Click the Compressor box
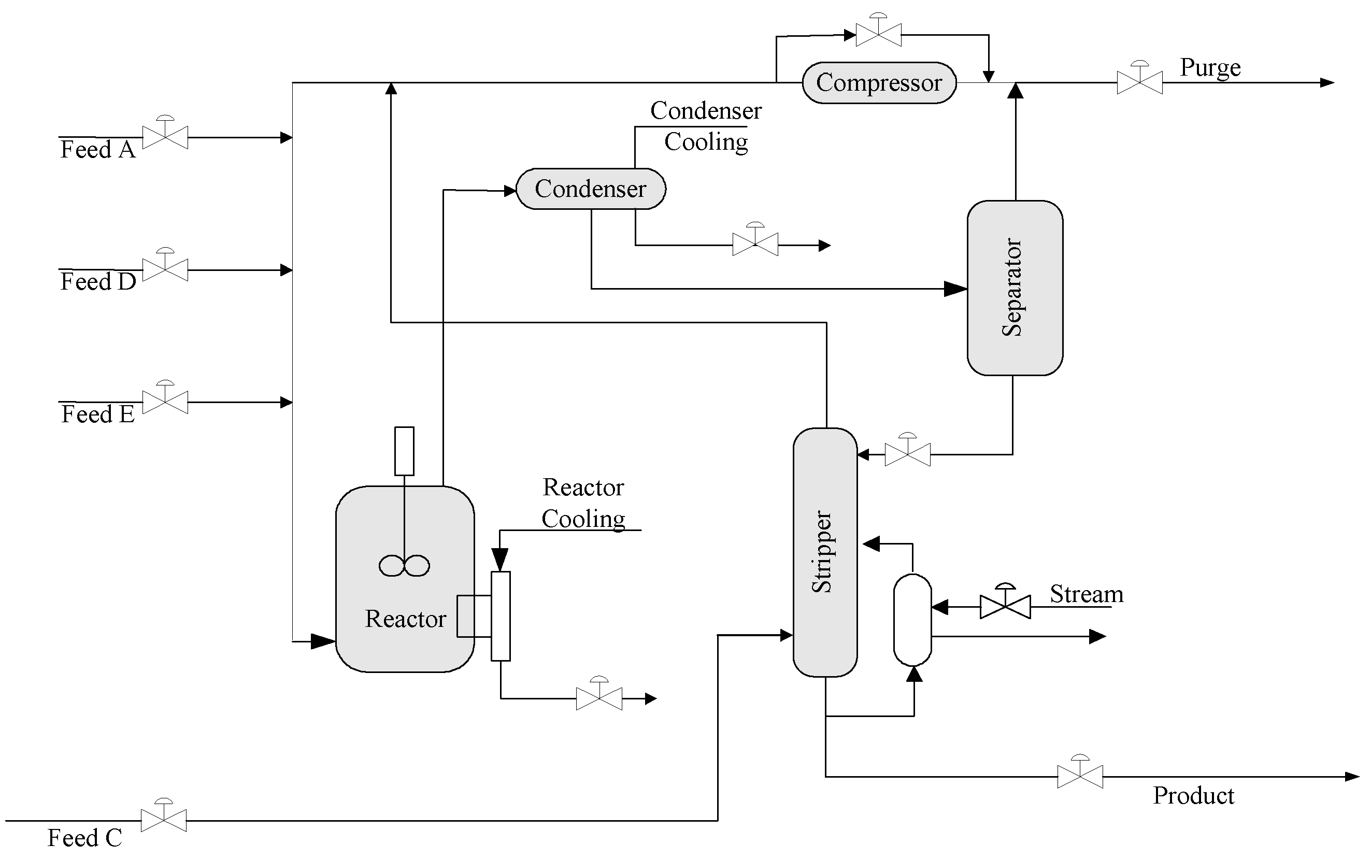[878, 83]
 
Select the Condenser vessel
[590, 189]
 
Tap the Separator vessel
[1014, 288]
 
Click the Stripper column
[824, 552]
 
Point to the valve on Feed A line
[165, 137]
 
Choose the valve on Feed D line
[165, 269]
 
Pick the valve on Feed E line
[165, 402]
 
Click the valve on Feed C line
[164, 820]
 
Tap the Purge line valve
[1139, 82]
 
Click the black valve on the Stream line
[1005, 607]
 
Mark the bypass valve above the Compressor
[878, 35]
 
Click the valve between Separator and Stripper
[907, 454]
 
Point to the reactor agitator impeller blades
[404, 565]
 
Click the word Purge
[1210, 67]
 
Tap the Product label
[1193, 795]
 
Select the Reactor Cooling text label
[583, 503]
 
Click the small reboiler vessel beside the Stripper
[912, 619]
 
